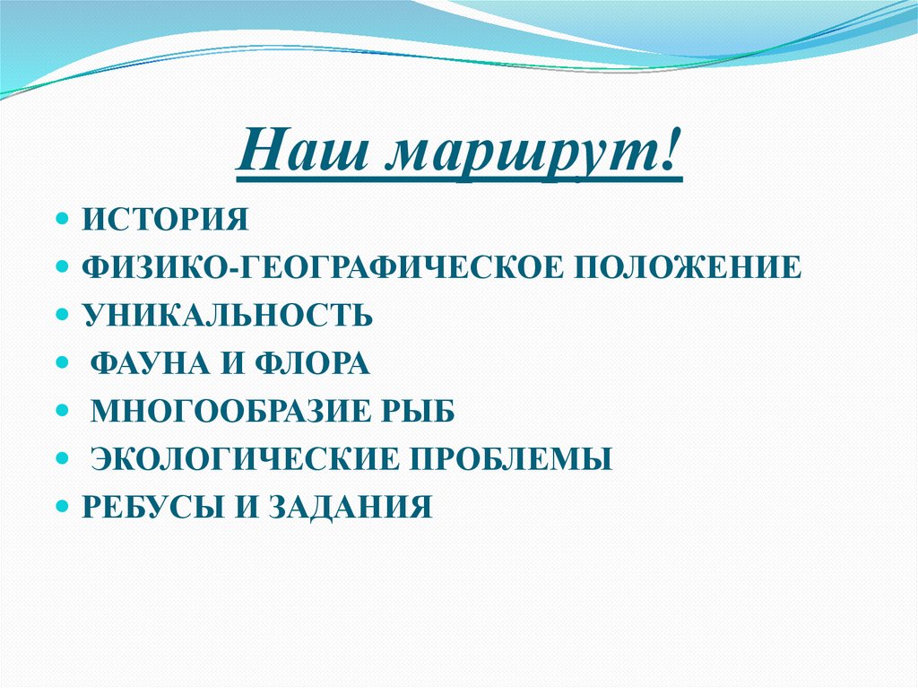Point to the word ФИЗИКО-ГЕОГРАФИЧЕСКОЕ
314,267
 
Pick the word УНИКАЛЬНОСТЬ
228,316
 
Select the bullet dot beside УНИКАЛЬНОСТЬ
63,316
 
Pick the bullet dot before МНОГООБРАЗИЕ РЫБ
63,413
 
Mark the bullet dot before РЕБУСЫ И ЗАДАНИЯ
63,508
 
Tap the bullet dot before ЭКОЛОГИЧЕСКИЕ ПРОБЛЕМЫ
63,460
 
